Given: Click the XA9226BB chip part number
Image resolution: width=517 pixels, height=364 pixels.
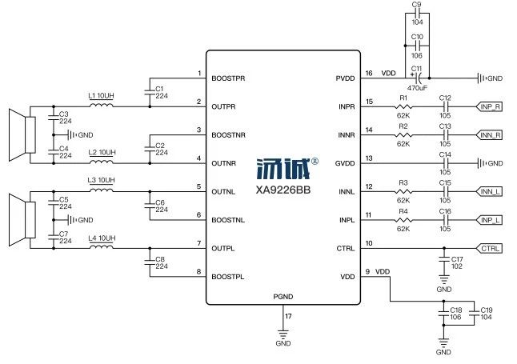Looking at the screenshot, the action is coord(283,190).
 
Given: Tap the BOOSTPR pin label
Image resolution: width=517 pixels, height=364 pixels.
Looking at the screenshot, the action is coord(228,78).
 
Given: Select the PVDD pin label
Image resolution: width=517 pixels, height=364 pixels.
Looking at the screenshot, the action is coord(345,78).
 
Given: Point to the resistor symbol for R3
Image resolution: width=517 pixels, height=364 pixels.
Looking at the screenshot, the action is coord(403,191).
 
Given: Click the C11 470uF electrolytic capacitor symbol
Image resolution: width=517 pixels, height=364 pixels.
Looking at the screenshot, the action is coord(418,78).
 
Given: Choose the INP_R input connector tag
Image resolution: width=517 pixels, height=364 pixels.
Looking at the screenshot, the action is coord(489,107).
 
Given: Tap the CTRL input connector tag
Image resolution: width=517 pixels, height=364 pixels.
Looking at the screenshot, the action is coord(489,248).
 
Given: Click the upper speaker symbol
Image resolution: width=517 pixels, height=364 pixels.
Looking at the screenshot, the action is coord(22,135).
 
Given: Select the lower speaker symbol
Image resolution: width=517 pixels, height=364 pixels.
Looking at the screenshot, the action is coord(22,220).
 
